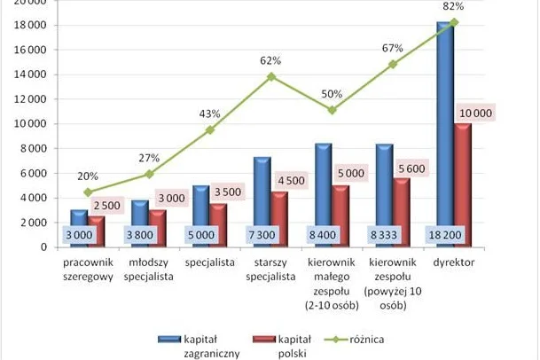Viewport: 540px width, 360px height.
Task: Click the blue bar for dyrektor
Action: [x=445, y=135]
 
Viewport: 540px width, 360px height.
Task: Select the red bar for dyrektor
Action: [x=463, y=185]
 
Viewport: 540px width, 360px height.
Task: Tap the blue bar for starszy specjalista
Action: [x=262, y=202]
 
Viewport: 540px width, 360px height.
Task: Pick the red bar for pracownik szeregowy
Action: [x=97, y=231]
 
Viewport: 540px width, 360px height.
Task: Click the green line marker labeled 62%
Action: [x=271, y=76]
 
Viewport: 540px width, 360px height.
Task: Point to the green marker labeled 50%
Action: [x=332, y=110]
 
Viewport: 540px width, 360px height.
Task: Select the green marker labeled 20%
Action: [x=88, y=192]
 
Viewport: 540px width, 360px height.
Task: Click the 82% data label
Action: [x=453, y=6]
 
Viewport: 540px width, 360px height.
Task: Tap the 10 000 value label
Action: [x=476, y=113]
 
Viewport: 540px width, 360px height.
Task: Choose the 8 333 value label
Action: [x=384, y=235]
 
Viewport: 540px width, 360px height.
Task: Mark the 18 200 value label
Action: [x=445, y=235]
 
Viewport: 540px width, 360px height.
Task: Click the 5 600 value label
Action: [x=412, y=168]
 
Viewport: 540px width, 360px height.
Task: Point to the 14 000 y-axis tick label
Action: [x=30, y=74]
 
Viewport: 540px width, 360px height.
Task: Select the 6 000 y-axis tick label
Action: [x=33, y=173]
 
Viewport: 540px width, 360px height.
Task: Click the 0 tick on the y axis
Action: [x=43, y=247]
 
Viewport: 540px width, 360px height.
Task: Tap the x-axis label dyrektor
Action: [x=454, y=262]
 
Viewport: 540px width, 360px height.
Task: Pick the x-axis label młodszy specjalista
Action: [x=148, y=270]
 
